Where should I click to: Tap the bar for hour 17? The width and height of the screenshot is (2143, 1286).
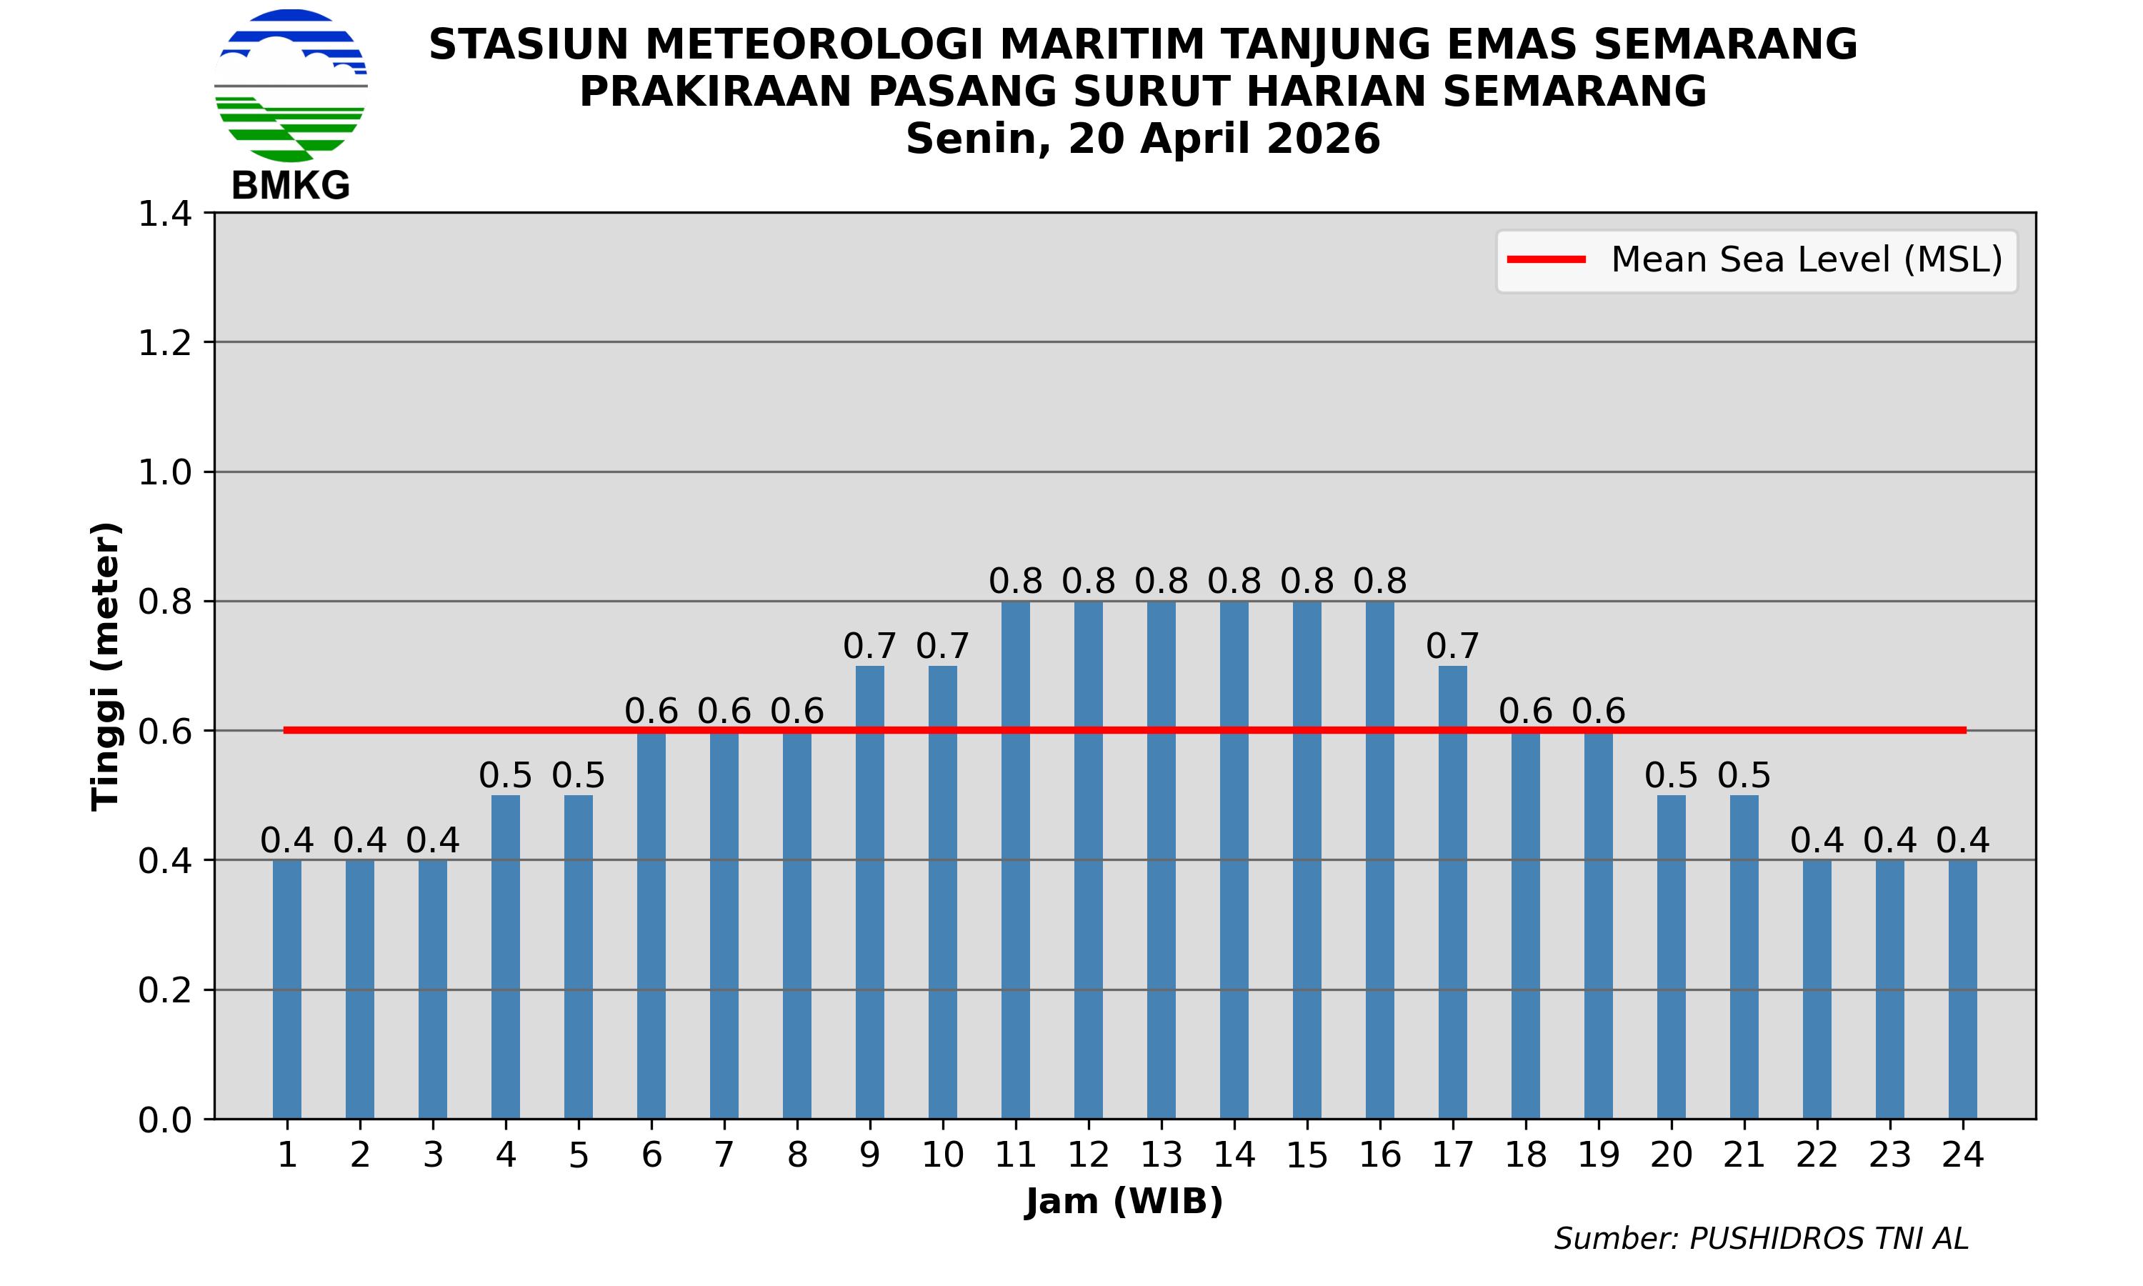[x=1453, y=892]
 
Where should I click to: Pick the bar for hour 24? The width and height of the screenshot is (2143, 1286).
[x=1963, y=988]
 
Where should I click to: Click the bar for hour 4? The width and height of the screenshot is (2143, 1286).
[x=506, y=953]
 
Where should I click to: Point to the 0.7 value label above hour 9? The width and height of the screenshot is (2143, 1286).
[x=869, y=647]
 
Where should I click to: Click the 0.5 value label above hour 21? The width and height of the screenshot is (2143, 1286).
[x=1744, y=776]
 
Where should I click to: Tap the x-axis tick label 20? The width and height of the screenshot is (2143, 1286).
[x=1671, y=1155]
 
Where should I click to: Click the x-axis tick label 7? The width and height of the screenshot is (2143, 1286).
[x=724, y=1155]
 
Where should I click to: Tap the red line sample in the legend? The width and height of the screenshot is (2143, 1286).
[x=1547, y=260]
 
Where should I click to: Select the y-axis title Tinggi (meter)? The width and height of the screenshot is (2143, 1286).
[x=106, y=666]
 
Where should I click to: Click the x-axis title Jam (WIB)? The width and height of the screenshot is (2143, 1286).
[x=1124, y=1202]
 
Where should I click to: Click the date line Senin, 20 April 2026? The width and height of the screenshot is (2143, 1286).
[x=1142, y=139]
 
